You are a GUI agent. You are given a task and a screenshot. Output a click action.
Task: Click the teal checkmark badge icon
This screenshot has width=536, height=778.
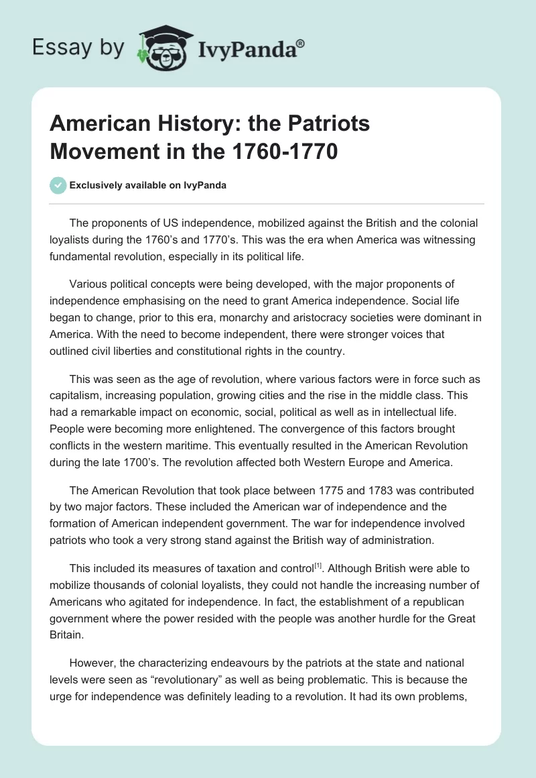[x=58, y=185]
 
